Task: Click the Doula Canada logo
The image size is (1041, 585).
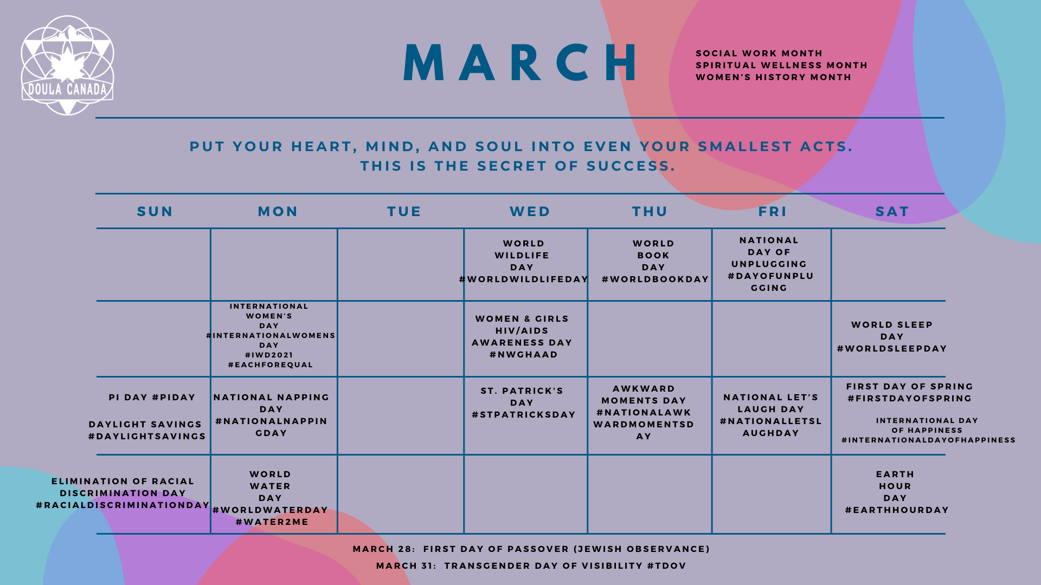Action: click(x=67, y=65)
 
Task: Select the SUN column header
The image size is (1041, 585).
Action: click(x=155, y=211)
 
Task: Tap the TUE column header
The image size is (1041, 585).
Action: click(x=404, y=211)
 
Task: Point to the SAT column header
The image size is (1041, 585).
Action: click(x=892, y=211)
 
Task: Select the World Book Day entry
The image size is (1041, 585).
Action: click(x=655, y=261)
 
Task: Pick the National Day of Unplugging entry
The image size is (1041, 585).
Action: click(x=770, y=264)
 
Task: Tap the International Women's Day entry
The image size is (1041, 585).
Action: click(x=270, y=335)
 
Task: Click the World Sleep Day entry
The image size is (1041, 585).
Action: click(x=892, y=336)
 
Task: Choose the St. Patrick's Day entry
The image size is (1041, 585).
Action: click(x=523, y=402)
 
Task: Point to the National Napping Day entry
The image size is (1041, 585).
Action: click(x=271, y=415)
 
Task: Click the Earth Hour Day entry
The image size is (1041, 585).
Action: click(x=897, y=492)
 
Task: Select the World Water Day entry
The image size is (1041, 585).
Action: click(x=270, y=498)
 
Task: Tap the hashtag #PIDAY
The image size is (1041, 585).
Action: click(x=173, y=397)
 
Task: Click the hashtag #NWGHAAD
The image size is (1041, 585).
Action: click(x=524, y=354)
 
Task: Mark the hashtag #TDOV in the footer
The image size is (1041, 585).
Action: click(x=666, y=565)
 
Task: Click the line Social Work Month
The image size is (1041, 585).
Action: click(x=759, y=53)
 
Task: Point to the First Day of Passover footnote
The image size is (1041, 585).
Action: click(x=531, y=549)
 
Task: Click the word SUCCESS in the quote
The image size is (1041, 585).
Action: click(x=631, y=166)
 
